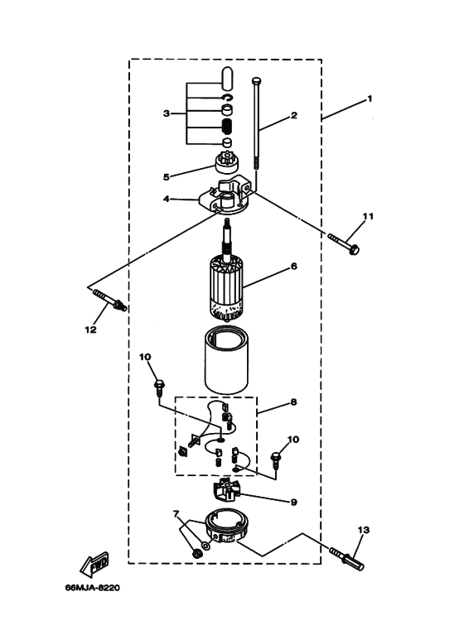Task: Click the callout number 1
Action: point(370,99)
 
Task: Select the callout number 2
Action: point(293,117)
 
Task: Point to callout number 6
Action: point(293,267)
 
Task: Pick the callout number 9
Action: point(293,501)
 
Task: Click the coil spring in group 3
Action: point(225,128)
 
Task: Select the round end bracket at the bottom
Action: point(226,531)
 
